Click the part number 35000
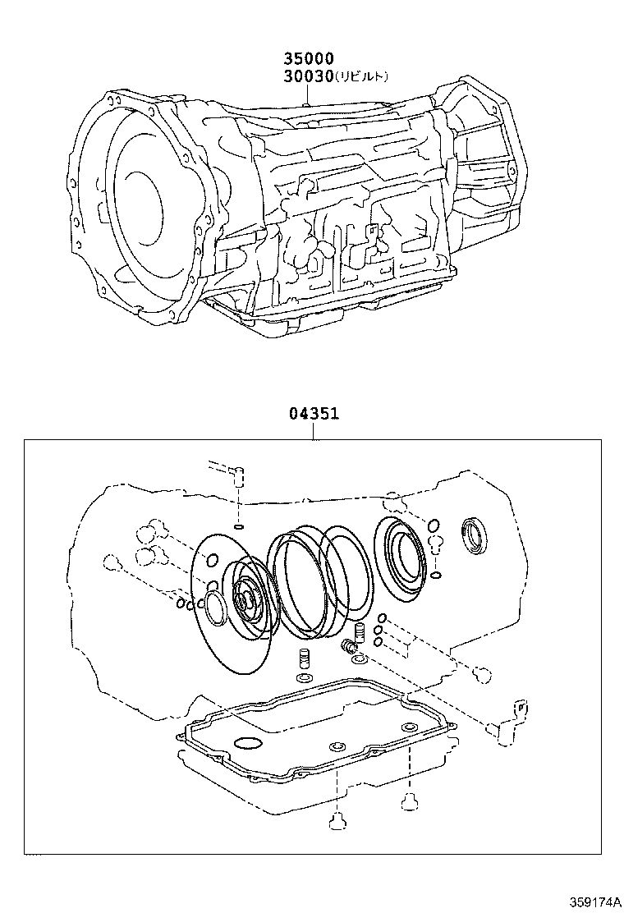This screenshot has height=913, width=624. (x=309, y=59)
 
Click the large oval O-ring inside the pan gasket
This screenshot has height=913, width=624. (x=247, y=744)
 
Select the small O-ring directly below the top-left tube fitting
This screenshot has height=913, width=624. (x=239, y=525)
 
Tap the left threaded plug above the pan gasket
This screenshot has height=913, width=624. (x=303, y=658)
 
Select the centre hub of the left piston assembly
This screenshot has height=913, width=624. (x=245, y=598)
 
